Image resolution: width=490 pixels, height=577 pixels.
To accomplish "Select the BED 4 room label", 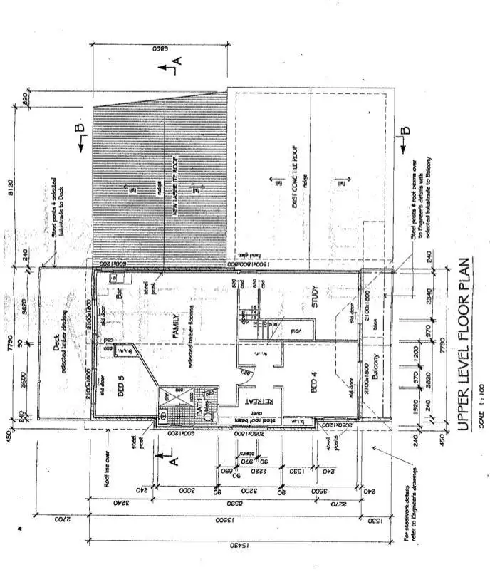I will (x=316, y=379).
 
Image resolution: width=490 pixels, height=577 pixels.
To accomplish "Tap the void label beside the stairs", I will (x=293, y=329).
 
